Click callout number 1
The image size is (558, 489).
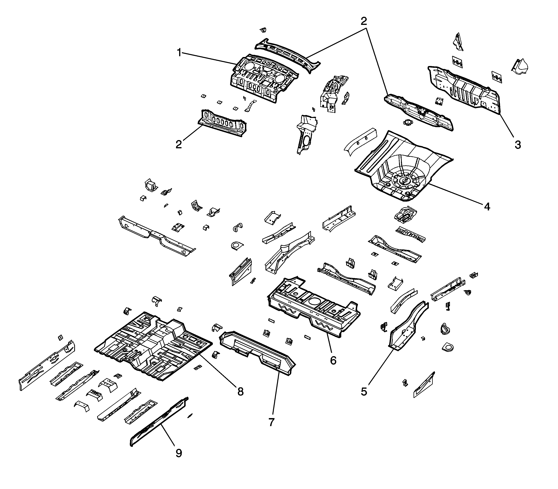[x=179, y=52]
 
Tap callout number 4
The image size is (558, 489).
[x=487, y=206]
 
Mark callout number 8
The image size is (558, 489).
[x=240, y=391]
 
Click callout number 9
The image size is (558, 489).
[x=179, y=453]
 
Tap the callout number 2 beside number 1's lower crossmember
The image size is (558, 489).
[x=179, y=144]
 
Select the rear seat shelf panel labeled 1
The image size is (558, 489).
[x=262, y=79]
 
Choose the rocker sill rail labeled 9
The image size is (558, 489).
[x=158, y=423]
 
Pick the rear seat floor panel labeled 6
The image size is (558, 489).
[x=314, y=306]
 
